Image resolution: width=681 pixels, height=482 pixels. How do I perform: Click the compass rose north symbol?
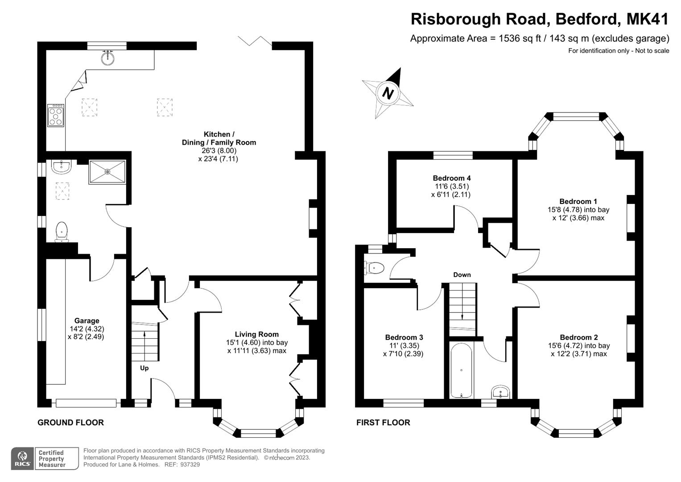(x=388, y=93)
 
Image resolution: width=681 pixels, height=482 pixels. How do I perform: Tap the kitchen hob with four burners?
(x=56, y=116)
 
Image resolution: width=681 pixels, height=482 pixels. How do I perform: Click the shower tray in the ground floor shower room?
(x=107, y=172)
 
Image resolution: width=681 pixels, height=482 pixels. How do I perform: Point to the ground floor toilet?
(x=62, y=232)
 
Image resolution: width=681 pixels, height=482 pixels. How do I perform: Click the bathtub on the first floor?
(x=461, y=370)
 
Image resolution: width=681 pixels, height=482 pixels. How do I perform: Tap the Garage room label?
(x=87, y=320)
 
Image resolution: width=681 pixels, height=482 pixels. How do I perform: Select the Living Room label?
(x=257, y=334)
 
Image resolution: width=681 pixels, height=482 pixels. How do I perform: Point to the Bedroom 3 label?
(x=404, y=337)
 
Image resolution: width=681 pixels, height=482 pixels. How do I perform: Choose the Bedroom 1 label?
(x=578, y=201)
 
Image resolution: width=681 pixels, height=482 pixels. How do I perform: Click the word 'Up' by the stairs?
(x=144, y=368)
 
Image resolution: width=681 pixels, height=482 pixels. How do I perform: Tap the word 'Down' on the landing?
(x=462, y=274)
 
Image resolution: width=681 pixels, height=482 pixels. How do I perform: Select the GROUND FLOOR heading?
(x=70, y=422)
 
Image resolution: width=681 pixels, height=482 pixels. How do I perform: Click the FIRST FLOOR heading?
(x=383, y=422)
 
